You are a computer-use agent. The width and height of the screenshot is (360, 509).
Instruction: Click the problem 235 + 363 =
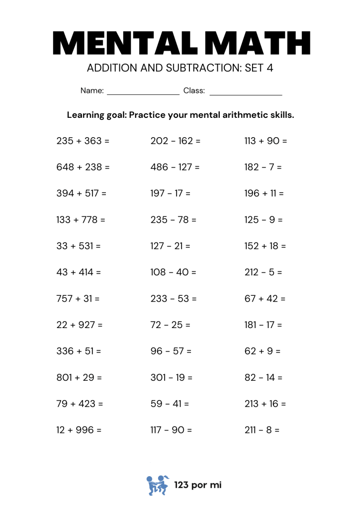point(83,141)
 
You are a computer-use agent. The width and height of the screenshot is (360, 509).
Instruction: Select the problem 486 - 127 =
point(175,167)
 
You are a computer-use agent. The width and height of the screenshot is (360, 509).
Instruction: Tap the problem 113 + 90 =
point(266,141)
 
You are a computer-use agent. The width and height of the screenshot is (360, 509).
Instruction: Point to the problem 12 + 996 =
point(79,430)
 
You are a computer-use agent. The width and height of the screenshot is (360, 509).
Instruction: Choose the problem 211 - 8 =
point(262,430)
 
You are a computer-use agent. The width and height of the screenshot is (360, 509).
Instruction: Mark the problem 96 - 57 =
point(171,351)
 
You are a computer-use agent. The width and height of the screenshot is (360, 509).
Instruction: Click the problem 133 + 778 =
point(81,220)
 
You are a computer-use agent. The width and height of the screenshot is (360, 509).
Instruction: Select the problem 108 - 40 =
point(174,272)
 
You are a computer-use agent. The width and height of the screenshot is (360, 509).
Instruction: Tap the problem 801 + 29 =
point(80,377)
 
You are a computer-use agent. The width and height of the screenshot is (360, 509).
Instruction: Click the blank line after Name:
point(143,92)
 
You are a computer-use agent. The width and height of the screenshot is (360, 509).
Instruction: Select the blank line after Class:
point(246,92)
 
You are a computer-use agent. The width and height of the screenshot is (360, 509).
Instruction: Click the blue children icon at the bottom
point(157,485)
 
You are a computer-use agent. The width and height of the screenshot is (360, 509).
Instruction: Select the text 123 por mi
point(197,485)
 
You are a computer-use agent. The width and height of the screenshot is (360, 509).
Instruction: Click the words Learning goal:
point(96,115)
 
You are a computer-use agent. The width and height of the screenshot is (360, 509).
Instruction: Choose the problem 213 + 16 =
point(265,404)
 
